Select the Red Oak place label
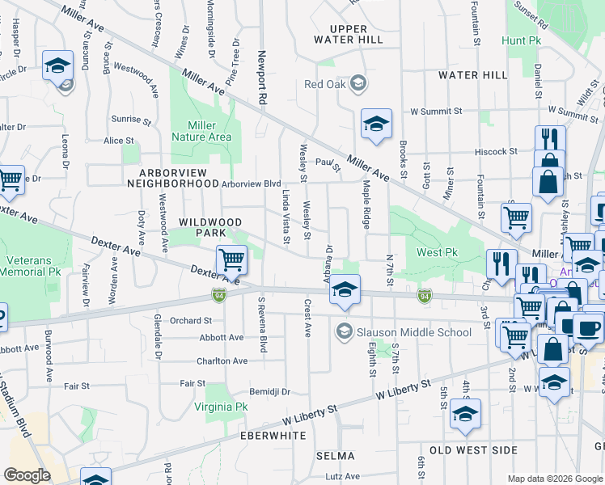coord(324,83)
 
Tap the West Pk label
coord(437,253)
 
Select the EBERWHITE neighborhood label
coord(272,435)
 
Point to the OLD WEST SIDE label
coord(473,449)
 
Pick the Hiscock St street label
coord(495,151)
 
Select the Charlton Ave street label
coord(221,361)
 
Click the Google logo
coord(27,475)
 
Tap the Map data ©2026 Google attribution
coord(555,479)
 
